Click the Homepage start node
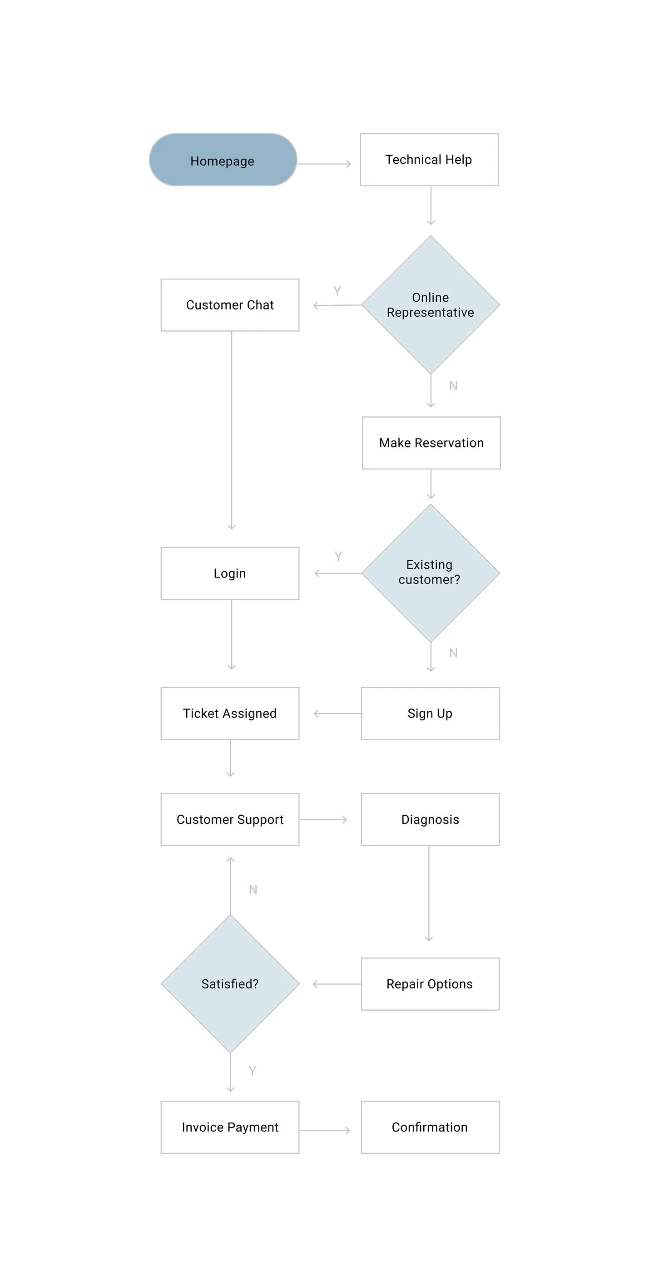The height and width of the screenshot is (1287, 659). click(x=223, y=160)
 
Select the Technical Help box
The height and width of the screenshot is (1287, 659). click(x=429, y=160)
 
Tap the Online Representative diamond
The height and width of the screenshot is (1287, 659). click(x=431, y=305)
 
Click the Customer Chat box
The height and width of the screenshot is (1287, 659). click(x=230, y=305)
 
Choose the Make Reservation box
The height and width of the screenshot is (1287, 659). click(x=431, y=443)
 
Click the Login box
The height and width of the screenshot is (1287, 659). click(x=230, y=573)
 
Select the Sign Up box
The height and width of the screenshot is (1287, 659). click(x=430, y=713)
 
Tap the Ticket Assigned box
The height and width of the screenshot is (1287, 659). click(x=230, y=713)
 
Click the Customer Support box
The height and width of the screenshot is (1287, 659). click(x=230, y=819)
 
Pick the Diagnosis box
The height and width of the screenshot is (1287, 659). click(x=430, y=819)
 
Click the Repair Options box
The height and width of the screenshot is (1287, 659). click(x=430, y=984)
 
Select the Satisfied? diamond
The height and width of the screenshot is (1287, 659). click(x=230, y=984)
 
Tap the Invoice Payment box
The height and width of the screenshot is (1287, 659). click(x=230, y=1127)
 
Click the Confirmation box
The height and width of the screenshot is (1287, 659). click(x=430, y=1127)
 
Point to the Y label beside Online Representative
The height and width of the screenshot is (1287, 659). click(x=337, y=291)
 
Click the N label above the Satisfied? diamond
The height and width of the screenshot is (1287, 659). click(x=253, y=889)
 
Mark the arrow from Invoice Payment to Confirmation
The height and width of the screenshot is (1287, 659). click(x=325, y=1130)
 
